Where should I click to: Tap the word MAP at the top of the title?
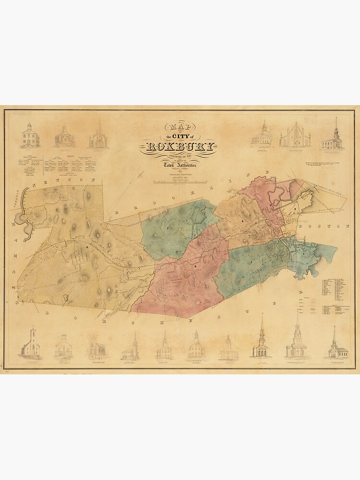178,127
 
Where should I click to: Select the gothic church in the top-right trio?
295,135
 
